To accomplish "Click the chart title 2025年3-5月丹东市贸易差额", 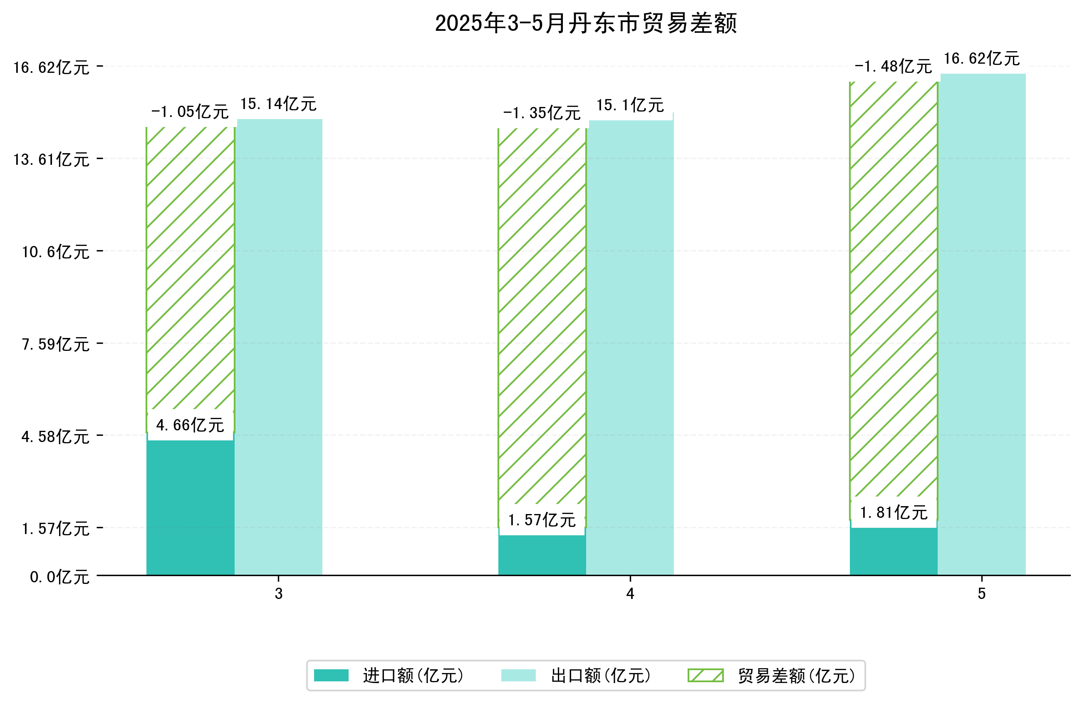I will [585, 23].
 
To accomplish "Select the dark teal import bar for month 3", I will [190, 507].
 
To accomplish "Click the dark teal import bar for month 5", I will [893, 551].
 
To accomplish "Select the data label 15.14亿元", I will [278, 104].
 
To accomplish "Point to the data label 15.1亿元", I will [630, 106].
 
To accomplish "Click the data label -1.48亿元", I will [893, 67].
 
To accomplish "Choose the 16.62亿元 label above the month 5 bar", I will [982, 59].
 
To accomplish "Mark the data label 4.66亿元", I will [190, 425].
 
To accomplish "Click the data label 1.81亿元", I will [893, 513].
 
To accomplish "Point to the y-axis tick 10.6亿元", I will [56, 252].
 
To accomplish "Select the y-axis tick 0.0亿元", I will [59, 577].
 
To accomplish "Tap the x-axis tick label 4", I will [630, 594].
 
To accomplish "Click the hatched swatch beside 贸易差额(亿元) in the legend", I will [705, 676].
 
